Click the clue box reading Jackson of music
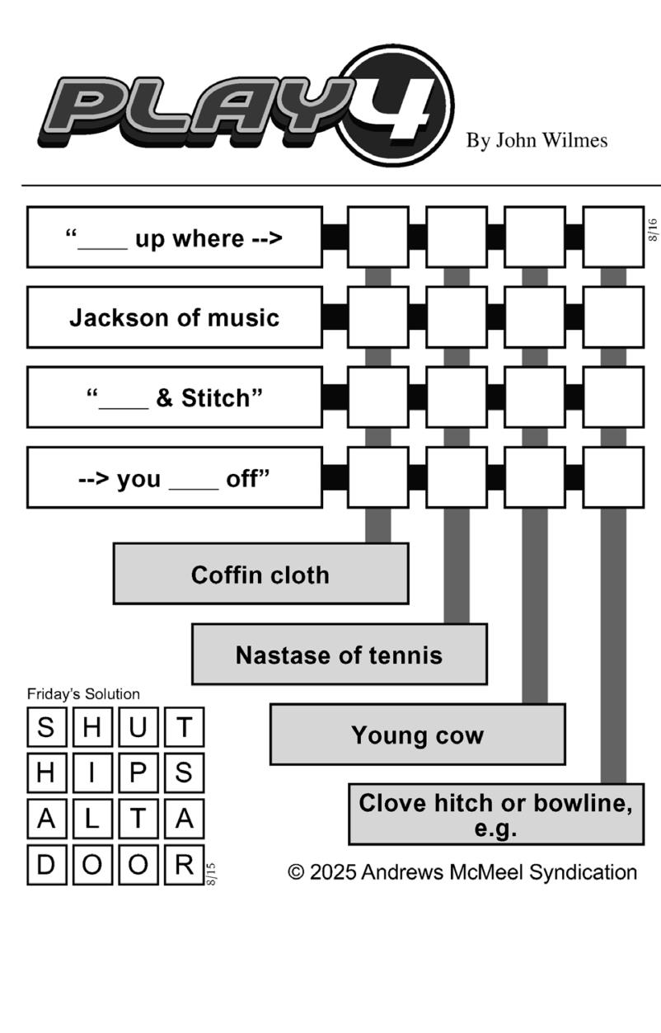174,317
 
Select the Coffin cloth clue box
261,574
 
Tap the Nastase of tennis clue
340,655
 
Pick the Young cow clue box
418,735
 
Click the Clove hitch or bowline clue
496,815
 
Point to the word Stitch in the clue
216,398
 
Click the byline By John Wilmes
537,141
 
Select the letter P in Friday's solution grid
138,773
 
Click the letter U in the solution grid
138,727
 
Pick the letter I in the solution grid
92,773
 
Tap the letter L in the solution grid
92,819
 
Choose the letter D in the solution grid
46,864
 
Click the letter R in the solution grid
184,864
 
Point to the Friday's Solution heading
83,694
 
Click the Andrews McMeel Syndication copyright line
462,872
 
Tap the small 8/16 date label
653,230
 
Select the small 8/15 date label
211,874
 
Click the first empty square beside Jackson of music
378,317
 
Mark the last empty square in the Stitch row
613,397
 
